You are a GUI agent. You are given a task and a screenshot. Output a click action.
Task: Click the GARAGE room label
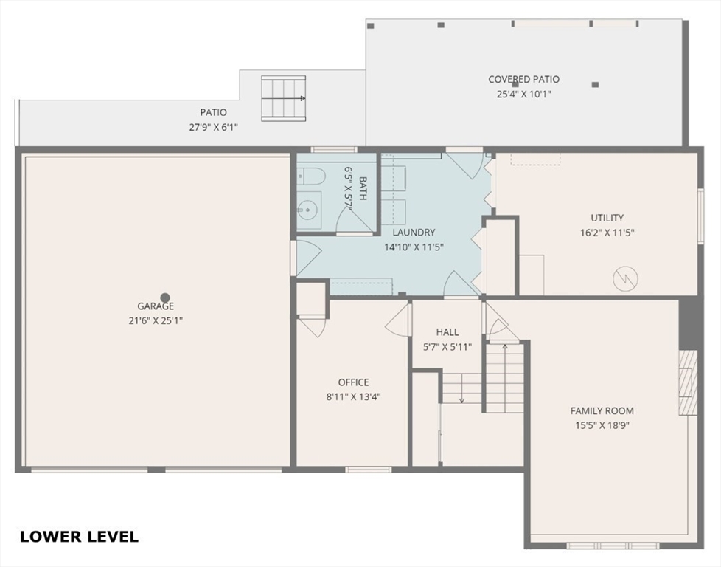155,306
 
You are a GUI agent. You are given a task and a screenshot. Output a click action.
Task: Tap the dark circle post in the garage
165,297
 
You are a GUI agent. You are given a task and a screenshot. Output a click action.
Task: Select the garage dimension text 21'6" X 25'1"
155,320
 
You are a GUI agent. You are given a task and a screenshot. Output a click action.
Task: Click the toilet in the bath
312,176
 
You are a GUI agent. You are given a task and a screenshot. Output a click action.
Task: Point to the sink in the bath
309,208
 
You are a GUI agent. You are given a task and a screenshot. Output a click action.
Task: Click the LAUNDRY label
414,232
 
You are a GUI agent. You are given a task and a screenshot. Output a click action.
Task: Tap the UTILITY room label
607,218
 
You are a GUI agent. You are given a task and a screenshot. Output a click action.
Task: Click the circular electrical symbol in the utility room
626,278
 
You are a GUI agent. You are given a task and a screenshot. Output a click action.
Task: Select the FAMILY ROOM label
602,411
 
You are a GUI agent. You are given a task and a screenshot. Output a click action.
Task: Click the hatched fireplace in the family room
687,382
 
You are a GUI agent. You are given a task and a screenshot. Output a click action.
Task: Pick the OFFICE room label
353,382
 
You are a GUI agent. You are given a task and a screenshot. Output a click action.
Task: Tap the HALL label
447,332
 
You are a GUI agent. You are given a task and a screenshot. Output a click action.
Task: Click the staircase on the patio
283,97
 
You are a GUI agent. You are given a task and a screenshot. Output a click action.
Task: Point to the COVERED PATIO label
523,79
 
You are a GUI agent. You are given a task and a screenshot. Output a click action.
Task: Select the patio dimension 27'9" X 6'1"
213,126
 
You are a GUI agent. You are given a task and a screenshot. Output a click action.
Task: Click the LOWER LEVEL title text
79,537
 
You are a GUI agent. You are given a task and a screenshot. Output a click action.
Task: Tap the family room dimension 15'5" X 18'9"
602,425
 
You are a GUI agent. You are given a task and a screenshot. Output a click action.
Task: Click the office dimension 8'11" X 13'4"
353,396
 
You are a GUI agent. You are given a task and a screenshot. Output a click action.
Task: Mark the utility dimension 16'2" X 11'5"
607,232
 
